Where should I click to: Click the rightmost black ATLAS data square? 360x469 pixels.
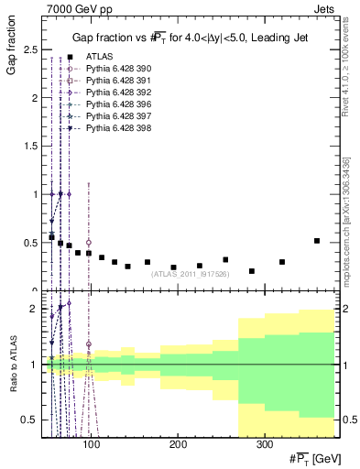point(317,241)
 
